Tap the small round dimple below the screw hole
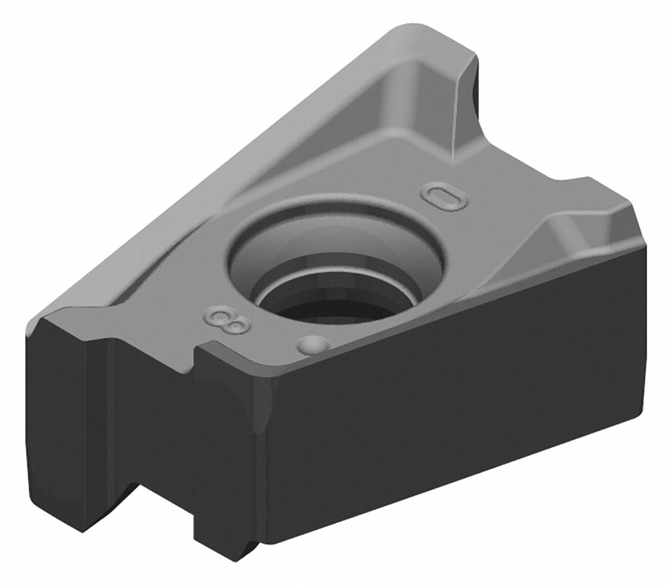(x=314, y=344)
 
